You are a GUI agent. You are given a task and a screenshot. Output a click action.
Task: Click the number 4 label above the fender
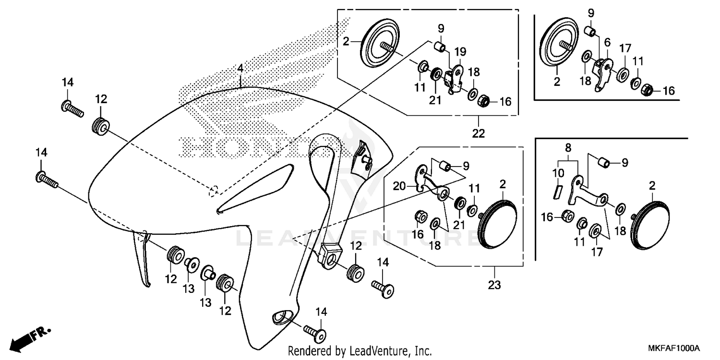240,70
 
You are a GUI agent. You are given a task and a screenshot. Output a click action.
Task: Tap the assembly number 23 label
494,285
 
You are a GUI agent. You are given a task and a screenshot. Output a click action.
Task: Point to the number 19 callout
460,51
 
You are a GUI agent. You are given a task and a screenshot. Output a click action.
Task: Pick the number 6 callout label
607,43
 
